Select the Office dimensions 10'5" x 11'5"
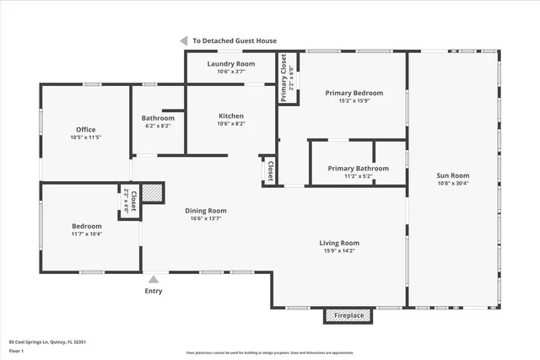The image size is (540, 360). pyautogui.click(x=86, y=137)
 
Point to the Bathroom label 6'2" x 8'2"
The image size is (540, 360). pyautogui.click(x=158, y=126)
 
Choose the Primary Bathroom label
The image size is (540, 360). pyautogui.click(x=359, y=168)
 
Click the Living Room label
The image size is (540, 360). pyautogui.click(x=339, y=243)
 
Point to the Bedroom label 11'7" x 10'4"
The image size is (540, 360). pyautogui.click(x=86, y=226)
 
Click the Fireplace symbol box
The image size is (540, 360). pyautogui.click(x=349, y=315)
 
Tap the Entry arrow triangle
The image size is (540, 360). pyautogui.click(x=154, y=280)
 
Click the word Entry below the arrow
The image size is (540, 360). pyautogui.click(x=154, y=292)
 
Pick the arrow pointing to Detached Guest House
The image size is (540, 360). pyautogui.click(x=183, y=40)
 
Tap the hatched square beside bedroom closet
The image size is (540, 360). pyautogui.click(x=151, y=192)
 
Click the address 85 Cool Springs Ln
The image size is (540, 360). pyautogui.click(x=48, y=341)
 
